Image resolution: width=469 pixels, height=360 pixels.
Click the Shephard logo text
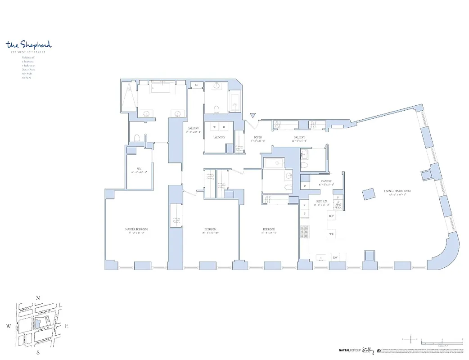pyautogui.click(x=29, y=45)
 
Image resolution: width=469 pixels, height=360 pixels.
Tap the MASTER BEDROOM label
pyautogui.click(x=136, y=229)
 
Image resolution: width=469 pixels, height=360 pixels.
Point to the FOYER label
pyautogui.click(x=257, y=138)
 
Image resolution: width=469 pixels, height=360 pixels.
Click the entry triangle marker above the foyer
pyautogui.click(x=253, y=116)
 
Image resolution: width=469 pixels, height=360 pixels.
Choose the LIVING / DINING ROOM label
pyautogui.click(x=397, y=191)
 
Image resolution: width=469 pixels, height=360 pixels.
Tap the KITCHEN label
pyautogui.click(x=321, y=202)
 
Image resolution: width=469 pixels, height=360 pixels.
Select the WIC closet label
pyautogui.click(x=139, y=169)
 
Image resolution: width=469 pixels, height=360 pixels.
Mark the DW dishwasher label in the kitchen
pyautogui.click(x=335, y=257)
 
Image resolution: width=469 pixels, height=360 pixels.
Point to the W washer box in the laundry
pyautogui.click(x=214, y=127)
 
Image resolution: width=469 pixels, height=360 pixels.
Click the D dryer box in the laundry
pyautogui.click(x=224, y=127)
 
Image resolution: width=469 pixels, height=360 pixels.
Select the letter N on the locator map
pyautogui.click(x=39, y=298)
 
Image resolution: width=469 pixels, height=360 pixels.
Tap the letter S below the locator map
pyautogui.click(x=38, y=353)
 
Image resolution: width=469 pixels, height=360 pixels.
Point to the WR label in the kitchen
pyautogui.click(x=331, y=234)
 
